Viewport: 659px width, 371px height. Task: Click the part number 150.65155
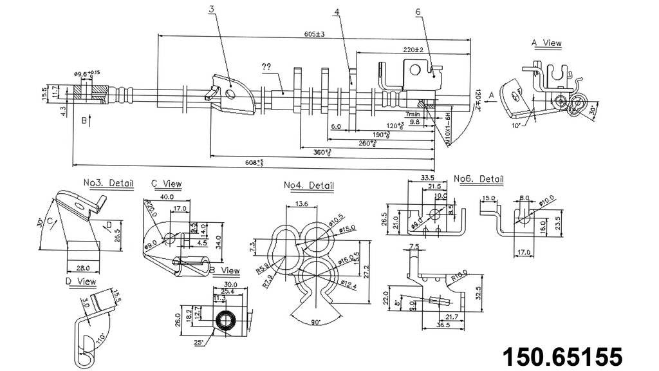coord(562,356)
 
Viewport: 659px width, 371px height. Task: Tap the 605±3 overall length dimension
coord(314,35)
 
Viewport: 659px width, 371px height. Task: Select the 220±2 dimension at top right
coord(413,50)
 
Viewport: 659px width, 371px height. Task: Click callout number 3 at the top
coord(212,10)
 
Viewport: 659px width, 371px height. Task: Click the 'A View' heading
coord(546,43)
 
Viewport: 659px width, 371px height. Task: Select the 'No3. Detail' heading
coord(108,183)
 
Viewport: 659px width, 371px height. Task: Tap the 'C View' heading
coord(167,184)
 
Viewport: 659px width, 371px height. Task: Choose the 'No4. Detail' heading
coord(309,186)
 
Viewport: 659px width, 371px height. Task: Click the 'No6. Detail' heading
coord(478,178)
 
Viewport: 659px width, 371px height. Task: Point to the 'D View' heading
coord(80,281)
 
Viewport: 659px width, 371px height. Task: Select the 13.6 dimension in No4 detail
coord(301,204)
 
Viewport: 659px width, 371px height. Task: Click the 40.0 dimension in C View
coord(168,196)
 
